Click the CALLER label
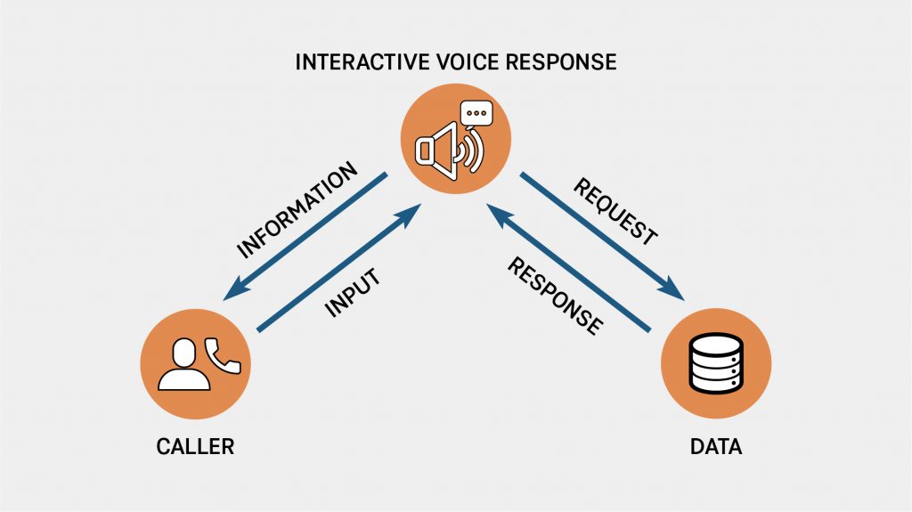[x=195, y=447]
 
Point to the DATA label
[x=716, y=447]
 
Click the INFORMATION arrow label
[x=297, y=210]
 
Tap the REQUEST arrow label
[x=615, y=212]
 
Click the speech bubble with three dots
[x=476, y=116]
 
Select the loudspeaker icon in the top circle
[x=439, y=149]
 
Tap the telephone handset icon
[x=222, y=355]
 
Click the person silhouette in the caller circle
[x=183, y=366]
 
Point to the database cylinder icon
[x=716, y=364]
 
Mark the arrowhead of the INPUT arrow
[x=411, y=211]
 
